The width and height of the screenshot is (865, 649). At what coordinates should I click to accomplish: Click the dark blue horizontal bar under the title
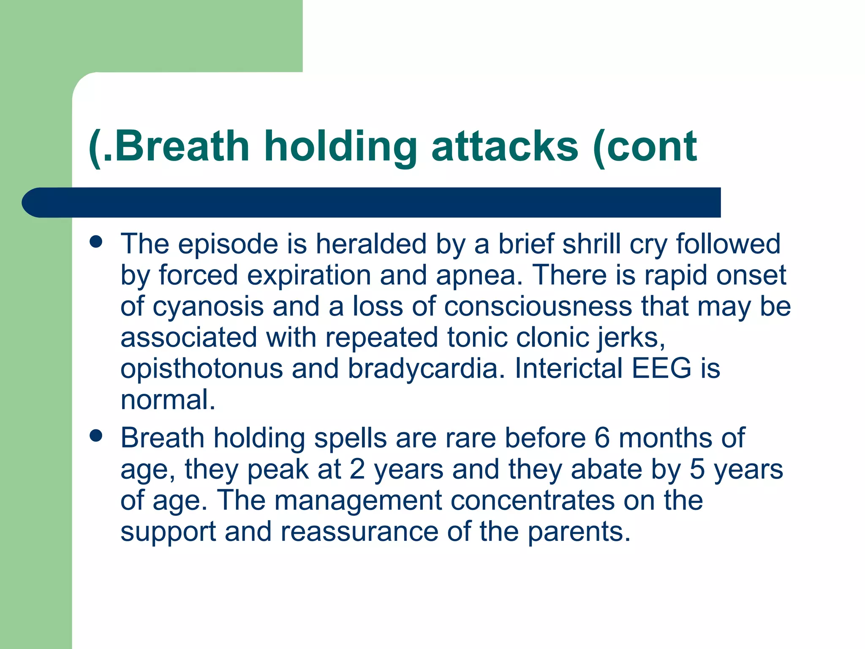pyautogui.click(x=372, y=202)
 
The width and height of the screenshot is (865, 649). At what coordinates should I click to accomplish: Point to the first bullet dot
pyautogui.click(x=96, y=242)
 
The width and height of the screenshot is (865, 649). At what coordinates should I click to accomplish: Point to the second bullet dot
pyautogui.click(x=96, y=436)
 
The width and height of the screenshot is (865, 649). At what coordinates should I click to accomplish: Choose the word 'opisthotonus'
pyautogui.click(x=201, y=368)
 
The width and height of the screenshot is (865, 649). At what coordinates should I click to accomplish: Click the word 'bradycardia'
pyautogui.click(x=422, y=368)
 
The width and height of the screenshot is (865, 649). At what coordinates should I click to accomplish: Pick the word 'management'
pyautogui.click(x=358, y=500)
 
